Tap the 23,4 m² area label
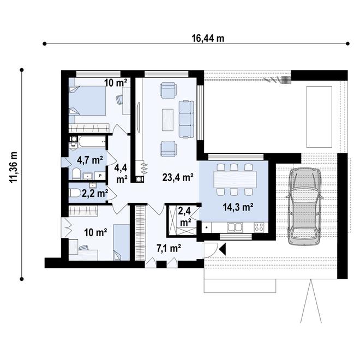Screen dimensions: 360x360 178,177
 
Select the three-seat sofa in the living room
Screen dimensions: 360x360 187,118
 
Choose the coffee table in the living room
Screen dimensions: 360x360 168,118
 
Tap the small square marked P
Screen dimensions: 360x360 100,175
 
